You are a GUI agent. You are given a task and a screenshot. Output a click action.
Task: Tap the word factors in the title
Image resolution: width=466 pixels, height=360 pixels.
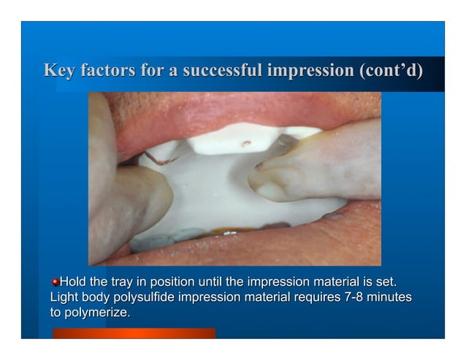[104, 71]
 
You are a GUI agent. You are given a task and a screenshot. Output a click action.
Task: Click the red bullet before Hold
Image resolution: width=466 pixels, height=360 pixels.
[55, 282]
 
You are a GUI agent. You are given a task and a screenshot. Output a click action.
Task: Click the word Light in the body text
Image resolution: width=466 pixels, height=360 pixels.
[64, 297]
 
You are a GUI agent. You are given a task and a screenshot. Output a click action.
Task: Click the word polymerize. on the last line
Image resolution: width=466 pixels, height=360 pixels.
[97, 313]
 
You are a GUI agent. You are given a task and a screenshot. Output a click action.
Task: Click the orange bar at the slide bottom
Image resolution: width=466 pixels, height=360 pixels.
[134, 333]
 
